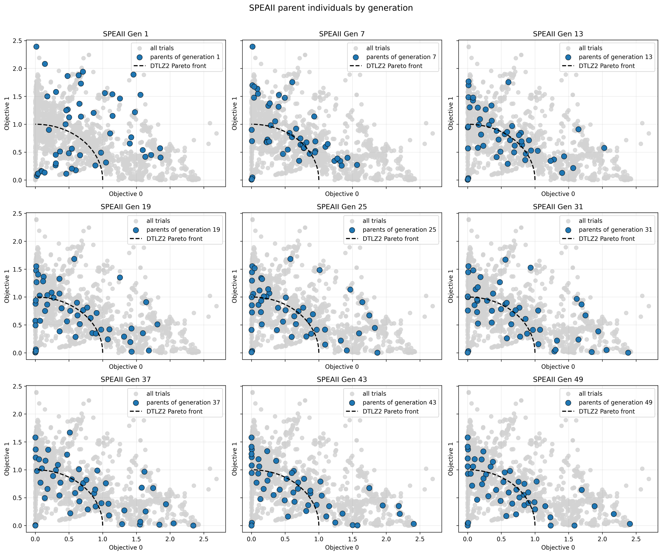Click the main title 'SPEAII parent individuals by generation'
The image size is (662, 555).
pyautogui.click(x=331, y=8)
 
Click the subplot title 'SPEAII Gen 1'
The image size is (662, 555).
pyautogui.click(x=125, y=34)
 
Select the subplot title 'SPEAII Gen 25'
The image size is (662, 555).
pyautogui.click(x=342, y=206)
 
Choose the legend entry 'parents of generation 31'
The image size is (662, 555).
pyautogui.click(x=615, y=230)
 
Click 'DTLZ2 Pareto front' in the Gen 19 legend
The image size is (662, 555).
pyautogui.click(x=174, y=239)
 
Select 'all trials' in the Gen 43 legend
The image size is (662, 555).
pyautogui.click(x=374, y=394)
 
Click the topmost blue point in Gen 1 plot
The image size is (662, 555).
pyautogui.click(x=36, y=47)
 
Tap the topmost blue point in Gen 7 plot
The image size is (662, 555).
pyautogui.click(x=252, y=47)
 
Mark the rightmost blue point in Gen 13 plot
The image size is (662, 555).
pyautogui.click(x=604, y=148)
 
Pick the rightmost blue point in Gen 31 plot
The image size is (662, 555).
pyautogui.click(x=628, y=353)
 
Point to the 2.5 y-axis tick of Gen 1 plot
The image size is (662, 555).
pyautogui.click(x=18, y=41)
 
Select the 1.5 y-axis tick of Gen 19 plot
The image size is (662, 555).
pyautogui.click(x=18, y=269)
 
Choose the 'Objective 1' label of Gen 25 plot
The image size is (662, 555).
pyautogui.click(x=234, y=286)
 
